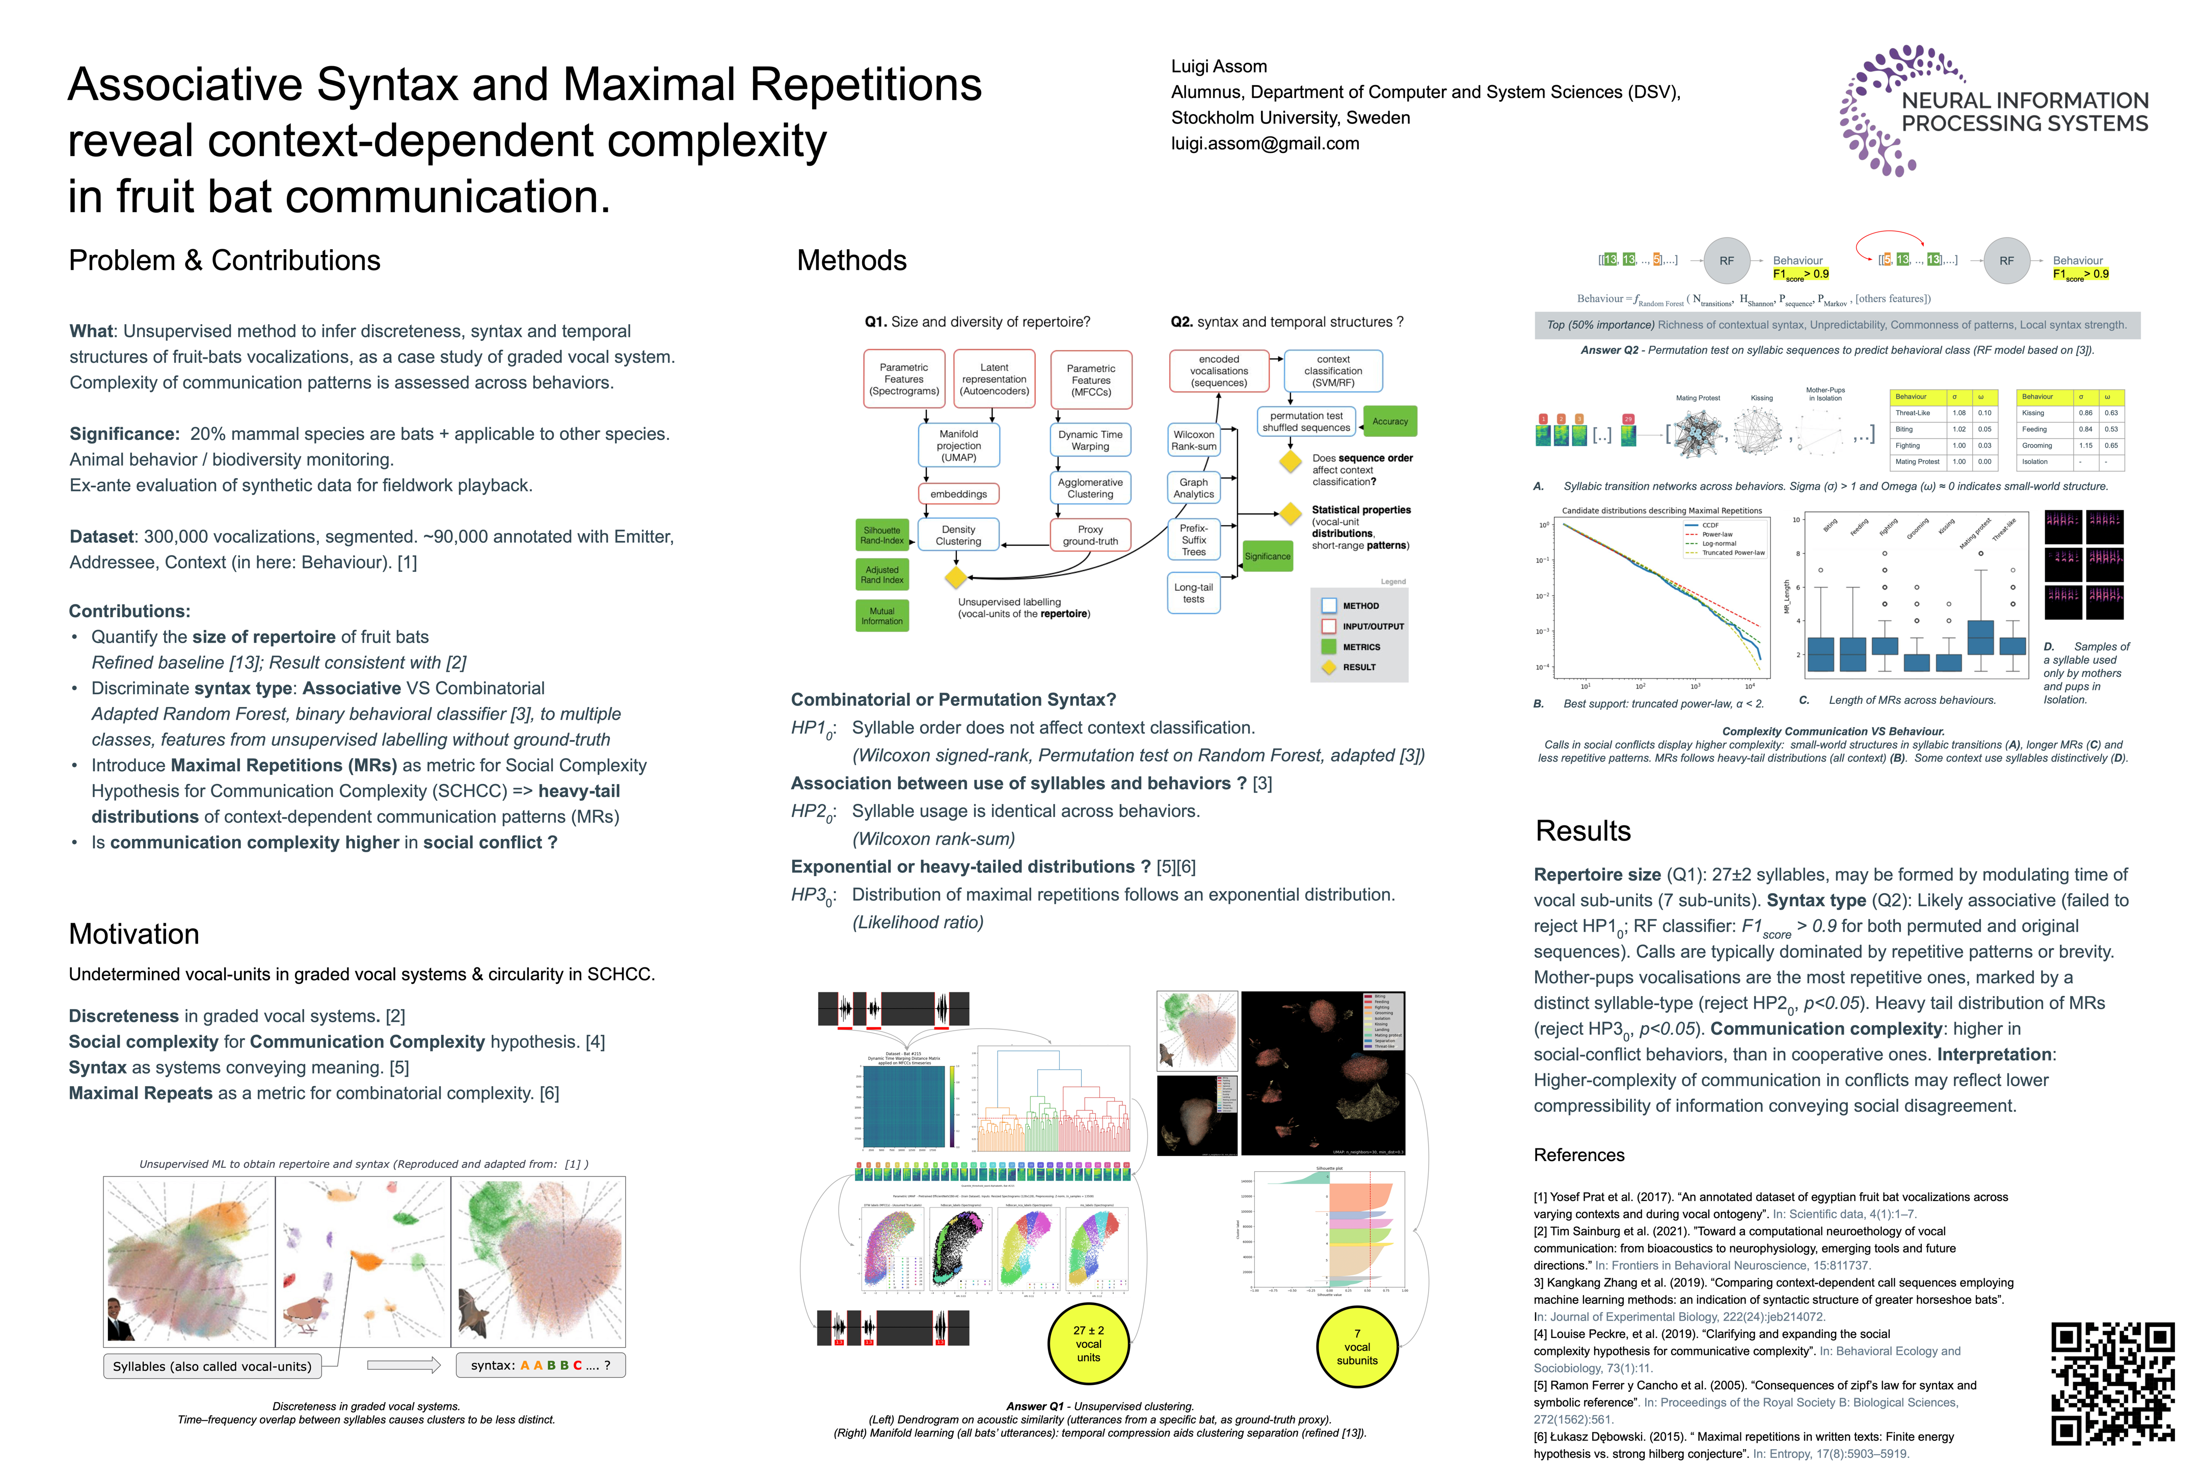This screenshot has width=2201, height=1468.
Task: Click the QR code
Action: pyautogui.click(x=2112, y=1384)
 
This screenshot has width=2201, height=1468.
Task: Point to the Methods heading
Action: pyautogui.click(x=851, y=260)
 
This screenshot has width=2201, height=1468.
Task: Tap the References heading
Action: pyautogui.click(x=1579, y=1155)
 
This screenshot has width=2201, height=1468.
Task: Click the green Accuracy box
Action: pyautogui.click(x=1390, y=422)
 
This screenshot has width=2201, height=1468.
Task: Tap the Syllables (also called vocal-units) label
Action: pyautogui.click(x=212, y=1366)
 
